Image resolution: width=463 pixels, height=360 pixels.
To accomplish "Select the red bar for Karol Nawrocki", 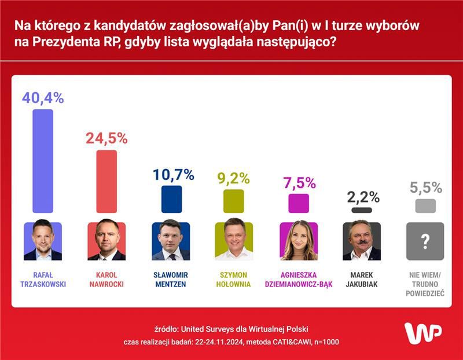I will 106,181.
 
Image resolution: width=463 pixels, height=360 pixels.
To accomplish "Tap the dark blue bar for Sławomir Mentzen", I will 171,199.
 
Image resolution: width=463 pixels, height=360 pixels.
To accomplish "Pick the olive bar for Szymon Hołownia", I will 234,201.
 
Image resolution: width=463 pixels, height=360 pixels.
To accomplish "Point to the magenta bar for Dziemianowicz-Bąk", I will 299,203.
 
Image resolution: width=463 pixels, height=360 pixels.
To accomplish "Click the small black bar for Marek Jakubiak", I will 362,210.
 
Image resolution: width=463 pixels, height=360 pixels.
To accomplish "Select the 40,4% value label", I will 43,98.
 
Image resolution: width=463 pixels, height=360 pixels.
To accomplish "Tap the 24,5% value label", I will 106,138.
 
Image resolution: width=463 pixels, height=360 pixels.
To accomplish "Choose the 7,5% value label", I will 299,183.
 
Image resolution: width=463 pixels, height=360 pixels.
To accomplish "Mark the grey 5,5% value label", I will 426,188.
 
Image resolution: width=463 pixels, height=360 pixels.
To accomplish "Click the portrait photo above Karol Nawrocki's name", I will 106,241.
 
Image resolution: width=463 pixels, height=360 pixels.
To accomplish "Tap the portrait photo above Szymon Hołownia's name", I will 234,241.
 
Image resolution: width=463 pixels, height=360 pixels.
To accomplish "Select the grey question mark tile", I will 425,241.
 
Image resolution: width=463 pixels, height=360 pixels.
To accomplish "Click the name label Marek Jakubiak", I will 362,280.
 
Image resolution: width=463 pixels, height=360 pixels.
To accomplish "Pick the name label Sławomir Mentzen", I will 171,280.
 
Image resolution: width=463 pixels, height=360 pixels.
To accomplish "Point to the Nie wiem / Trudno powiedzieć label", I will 425,284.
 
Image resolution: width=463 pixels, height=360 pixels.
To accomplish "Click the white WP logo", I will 422,334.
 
